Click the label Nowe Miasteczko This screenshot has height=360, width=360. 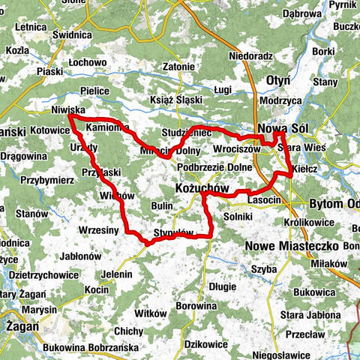point(295,245)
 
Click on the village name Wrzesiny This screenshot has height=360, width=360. point(98,230)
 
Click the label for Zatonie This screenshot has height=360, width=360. point(178,67)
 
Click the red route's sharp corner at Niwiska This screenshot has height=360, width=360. point(69,116)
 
